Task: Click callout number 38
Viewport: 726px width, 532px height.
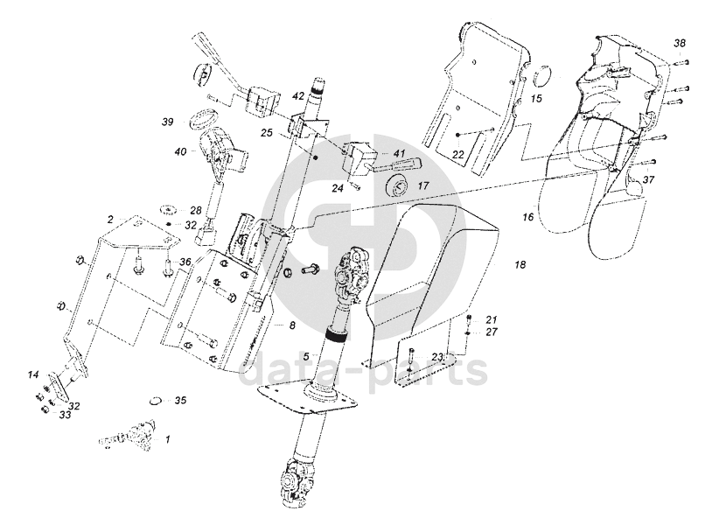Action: coord(681,43)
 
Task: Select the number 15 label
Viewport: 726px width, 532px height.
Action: coord(537,99)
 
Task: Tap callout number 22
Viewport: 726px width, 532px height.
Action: coord(457,154)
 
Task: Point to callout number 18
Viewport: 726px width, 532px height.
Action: coord(520,263)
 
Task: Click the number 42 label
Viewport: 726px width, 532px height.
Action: coord(298,95)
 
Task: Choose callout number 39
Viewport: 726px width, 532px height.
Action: coord(167,122)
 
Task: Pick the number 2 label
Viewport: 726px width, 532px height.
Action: coord(110,218)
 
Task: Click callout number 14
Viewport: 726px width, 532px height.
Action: coord(33,374)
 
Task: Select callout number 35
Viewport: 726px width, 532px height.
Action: coord(180,401)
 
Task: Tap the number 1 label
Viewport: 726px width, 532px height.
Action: coord(168,435)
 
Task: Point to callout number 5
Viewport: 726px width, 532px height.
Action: coord(306,355)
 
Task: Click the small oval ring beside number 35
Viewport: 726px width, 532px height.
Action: coord(155,402)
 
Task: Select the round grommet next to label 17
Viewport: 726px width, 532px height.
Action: coord(399,185)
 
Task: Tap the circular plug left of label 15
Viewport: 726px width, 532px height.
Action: coord(540,77)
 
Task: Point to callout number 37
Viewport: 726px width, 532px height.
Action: coord(648,179)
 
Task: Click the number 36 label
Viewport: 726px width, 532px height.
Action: coord(185,262)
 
